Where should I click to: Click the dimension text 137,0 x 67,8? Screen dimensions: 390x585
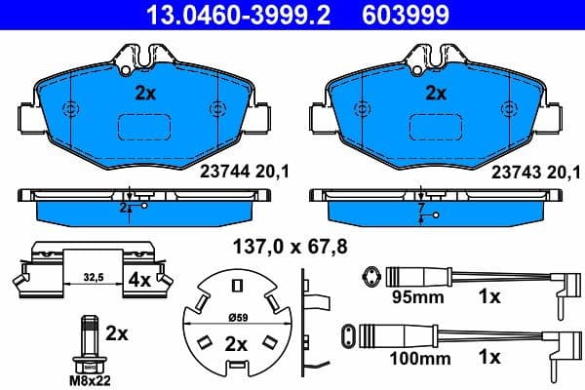(288, 247)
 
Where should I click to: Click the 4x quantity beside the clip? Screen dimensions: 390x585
(140, 280)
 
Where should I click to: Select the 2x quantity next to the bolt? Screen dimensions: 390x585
(117, 333)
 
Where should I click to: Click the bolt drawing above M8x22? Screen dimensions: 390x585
(89, 340)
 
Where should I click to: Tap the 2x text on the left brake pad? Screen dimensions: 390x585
(144, 95)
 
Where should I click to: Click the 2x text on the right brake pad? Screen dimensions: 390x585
(435, 95)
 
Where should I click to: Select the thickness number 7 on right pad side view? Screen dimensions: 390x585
(420, 208)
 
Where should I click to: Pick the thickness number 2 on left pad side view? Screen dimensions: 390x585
(124, 208)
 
